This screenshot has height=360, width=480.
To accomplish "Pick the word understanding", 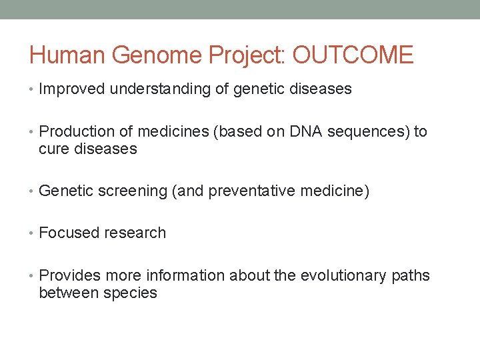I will pyautogui.click(x=160, y=89).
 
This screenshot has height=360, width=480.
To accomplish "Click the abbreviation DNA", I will pyautogui.click(x=307, y=132).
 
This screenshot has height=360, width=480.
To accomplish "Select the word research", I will pyautogui.click(x=135, y=233).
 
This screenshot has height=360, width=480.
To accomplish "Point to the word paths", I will pyautogui.click(x=410, y=276).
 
